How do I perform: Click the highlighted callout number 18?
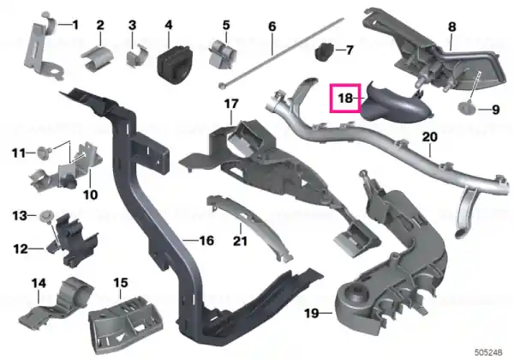pyautogui.click(x=345, y=98)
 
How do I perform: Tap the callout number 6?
pyautogui.click(x=272, y=27)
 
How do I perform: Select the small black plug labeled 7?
pyautogui.click(x=324, y=51)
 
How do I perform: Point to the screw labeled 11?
pyautogui.click(x=43, y=153)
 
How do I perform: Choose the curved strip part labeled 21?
pyautogui.click(x=250, y=228)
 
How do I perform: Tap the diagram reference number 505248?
pyautogui.click(x=488, y=352)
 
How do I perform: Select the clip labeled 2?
pyautogui.click(x=98, y=58)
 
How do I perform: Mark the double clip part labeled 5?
pyautogui.click(x=222, y=54)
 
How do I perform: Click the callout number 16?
pyautogui.click(x=206, y=241)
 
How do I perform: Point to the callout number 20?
pyautogui.click(x=429, y=137)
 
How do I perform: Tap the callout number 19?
pyautogui.click(x=312, y=313)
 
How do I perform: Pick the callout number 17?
pyautogui.click(x=230, y=105)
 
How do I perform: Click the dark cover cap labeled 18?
pyautogui.click(x=397, y=103)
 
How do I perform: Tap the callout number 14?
pyautogui.click(x=39, y=283)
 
